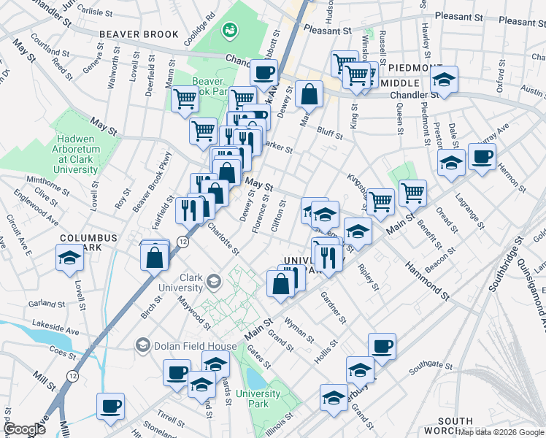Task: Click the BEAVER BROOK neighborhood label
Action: coord(139,34)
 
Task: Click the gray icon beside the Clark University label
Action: coord(214,281)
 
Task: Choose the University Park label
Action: coord(258,399)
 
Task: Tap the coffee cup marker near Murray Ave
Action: coord(482,156)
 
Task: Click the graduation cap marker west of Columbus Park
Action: coord(69,258)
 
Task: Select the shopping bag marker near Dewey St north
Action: coord(309,93)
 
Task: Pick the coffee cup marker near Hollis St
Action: coord(382,347)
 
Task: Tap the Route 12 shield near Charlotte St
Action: coord(182,242)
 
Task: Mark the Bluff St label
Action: coord(330,131)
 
